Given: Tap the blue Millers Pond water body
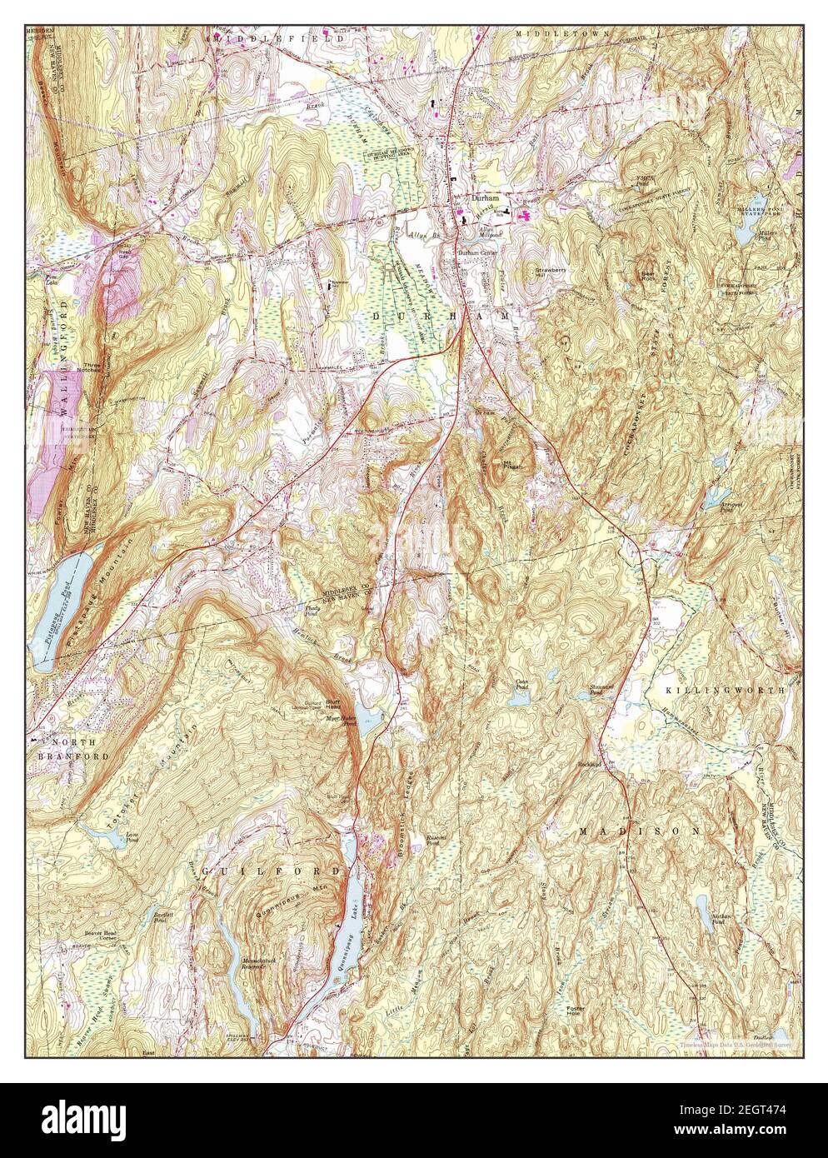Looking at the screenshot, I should pos(742,234).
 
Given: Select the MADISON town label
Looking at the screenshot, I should pos(638,831).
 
